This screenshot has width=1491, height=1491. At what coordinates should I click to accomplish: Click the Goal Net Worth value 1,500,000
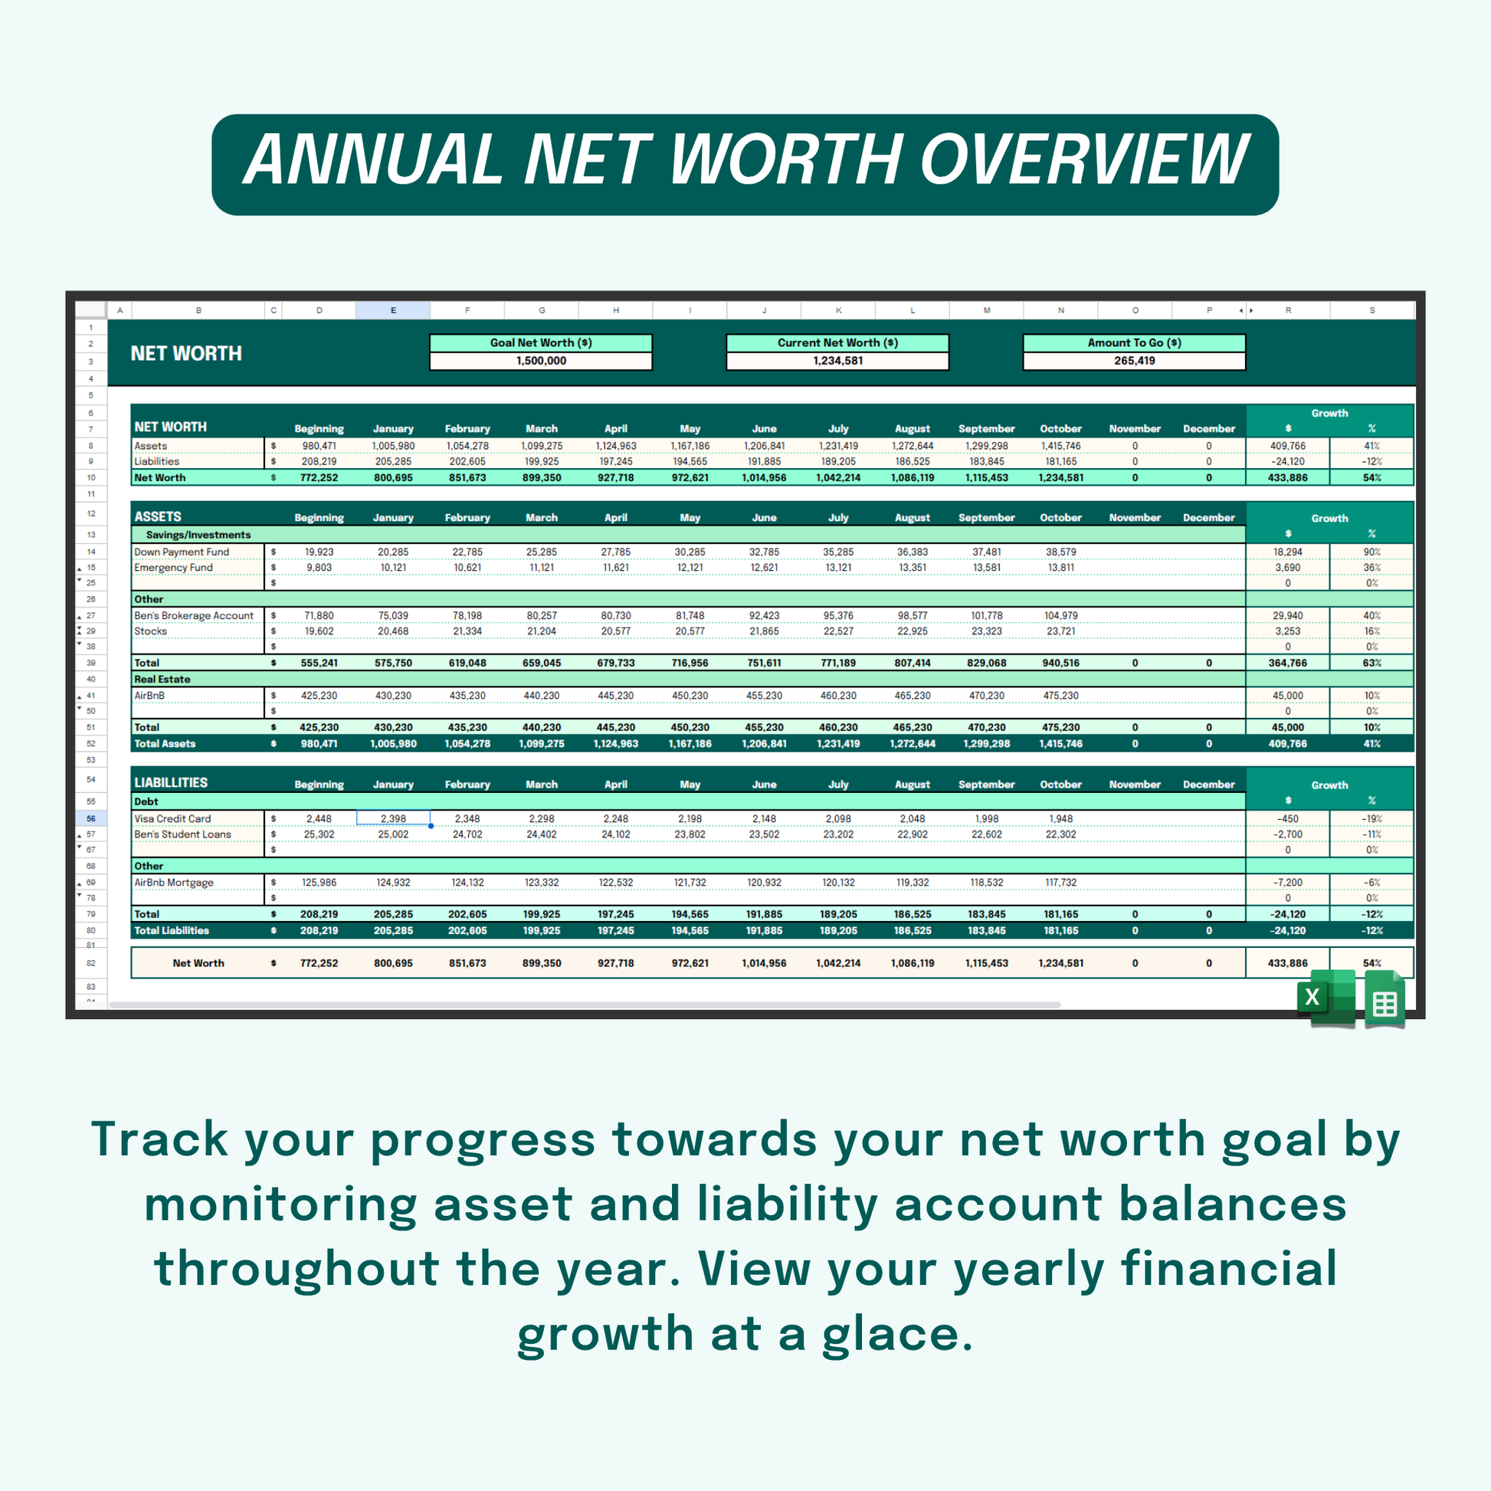click(541, 360)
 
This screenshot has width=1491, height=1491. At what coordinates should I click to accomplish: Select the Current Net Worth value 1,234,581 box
click(837, 361)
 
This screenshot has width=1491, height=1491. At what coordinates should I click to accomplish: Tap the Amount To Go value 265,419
click(1134, 360)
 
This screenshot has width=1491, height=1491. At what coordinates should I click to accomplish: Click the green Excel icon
click(1325, 997)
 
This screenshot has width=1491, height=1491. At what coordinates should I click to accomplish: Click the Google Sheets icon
click(1384, 998)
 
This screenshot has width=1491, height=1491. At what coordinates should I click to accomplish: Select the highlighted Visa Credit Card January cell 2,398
click(394, 818)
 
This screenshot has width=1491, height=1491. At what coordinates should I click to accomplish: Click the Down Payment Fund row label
click(182, 552)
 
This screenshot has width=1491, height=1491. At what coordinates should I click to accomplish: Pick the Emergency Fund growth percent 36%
click(1371, 567)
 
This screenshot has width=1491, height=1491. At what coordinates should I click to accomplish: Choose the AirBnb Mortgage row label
click(174, 882)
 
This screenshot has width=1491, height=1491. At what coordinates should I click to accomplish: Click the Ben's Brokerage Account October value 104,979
click(1060, 615)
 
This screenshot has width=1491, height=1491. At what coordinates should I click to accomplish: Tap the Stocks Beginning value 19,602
click(319, 631)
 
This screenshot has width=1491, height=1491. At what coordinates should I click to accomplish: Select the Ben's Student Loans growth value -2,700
click(1287, 834)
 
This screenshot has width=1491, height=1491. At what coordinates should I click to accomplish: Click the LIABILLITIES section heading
click(171, 782)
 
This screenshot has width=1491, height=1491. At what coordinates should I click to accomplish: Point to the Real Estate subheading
click(162, 679)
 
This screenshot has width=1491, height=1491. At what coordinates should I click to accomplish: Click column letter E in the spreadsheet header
click(394, 310)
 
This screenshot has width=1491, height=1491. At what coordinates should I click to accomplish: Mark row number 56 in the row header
click(91, 818)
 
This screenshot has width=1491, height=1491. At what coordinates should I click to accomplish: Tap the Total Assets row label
click(165, 744)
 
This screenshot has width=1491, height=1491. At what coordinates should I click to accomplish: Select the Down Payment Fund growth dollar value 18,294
click(1287, 552)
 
